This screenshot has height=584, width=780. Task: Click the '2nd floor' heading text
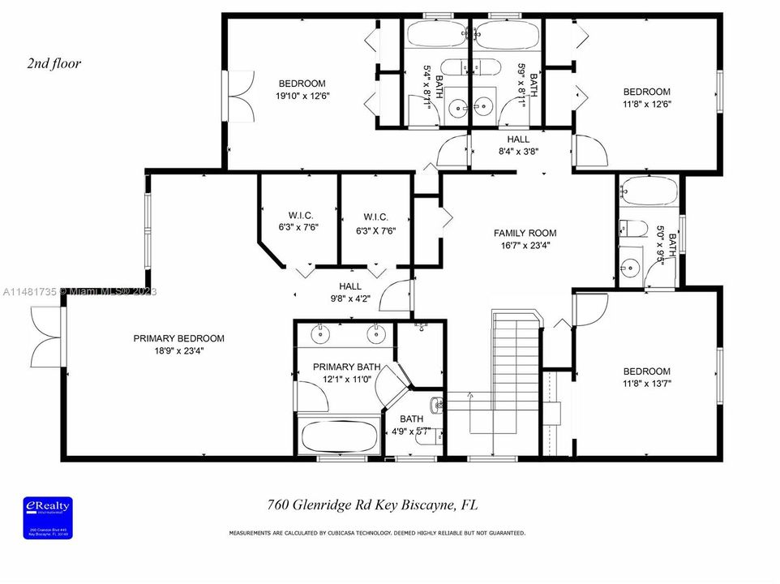click(54, 63)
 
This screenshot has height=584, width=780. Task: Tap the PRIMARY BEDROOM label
click(178, 338)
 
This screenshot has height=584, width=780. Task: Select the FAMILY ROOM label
click(525, 234)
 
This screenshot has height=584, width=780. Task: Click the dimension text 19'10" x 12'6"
click(302, 96)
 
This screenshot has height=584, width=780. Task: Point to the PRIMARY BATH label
click(346, 367)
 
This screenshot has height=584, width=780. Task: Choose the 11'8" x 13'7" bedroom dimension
click(646, 384)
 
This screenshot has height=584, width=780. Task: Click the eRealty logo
click(49, 516)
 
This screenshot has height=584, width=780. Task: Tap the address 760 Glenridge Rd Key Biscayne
click(372, 505)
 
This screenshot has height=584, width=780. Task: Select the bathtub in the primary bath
click(339, 436)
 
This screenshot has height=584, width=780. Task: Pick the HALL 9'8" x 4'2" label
click(350, 292)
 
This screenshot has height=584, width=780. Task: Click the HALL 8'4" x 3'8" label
click(518, 145)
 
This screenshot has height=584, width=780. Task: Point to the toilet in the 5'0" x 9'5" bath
click(633, 228)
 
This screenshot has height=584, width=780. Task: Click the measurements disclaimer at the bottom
click(377, 534)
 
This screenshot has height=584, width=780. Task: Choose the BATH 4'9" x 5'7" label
click(411, 425)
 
